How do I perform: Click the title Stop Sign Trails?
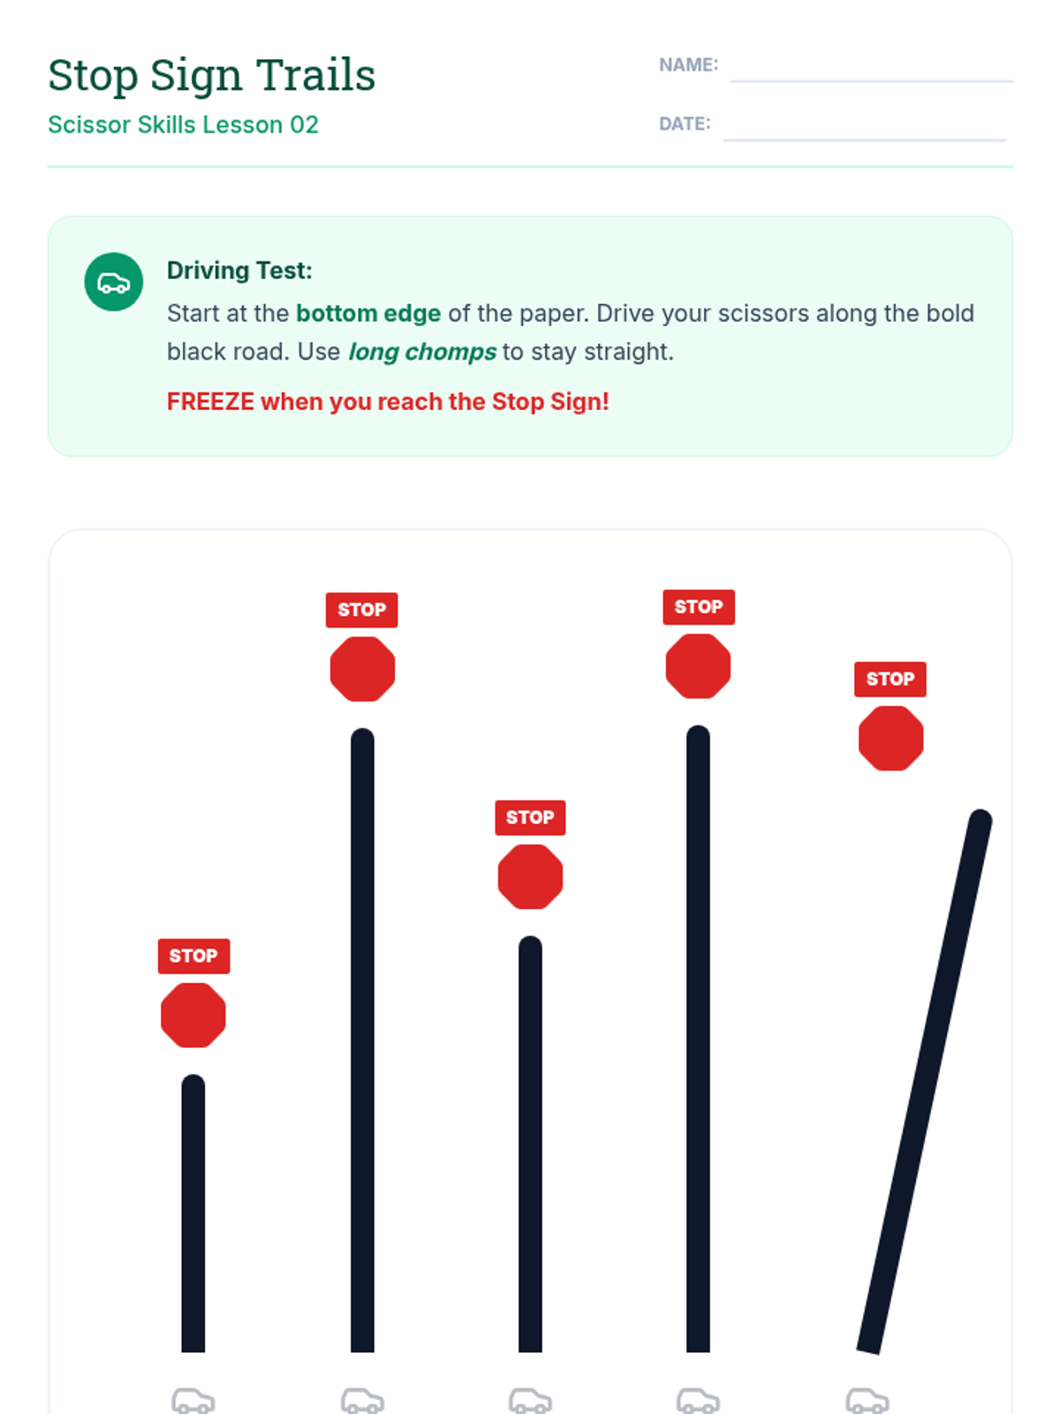[211, 76]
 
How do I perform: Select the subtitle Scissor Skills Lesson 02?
[183, 125]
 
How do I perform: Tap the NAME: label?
[688, 65]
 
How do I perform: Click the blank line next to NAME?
[872, 81]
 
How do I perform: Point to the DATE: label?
[684, 123]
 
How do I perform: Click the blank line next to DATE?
[864, 140]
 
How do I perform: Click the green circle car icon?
[114, 282]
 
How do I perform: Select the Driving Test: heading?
[239, 270]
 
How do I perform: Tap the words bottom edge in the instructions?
[368, 313]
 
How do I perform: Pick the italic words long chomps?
[422, 352]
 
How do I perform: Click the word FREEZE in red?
[210, 401]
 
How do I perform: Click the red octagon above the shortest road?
[193, 1015]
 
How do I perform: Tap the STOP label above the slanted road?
[890, 679]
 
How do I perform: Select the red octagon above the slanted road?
[890, 738]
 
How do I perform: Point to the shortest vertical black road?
[193, 1213]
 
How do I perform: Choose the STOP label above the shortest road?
[193, 955]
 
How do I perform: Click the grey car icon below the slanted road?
[867, 1401]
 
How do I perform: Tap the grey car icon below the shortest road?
[193, 1401]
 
